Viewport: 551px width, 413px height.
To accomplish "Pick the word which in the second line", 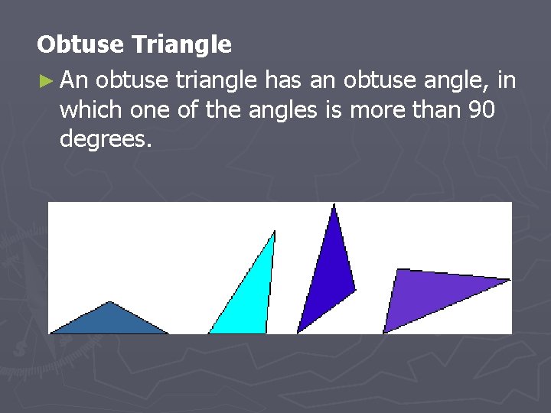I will pyautogui.click(x=90, y=110).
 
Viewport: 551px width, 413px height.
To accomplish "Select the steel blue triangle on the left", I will pyautogui.click(x=109, y=321).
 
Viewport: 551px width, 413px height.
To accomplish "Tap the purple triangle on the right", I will pyautogui.click(x=429, y=294).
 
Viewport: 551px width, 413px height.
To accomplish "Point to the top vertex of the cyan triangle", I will pyautogui.click(x=274, y=232).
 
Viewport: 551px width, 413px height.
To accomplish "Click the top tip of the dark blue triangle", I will pyautogui.click(x=334, y=205).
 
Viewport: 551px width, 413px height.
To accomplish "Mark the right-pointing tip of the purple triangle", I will pyautogui.click(x=509, y=280).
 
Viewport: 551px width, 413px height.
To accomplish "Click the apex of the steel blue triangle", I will pyautogui.click(x=111, y=303).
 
